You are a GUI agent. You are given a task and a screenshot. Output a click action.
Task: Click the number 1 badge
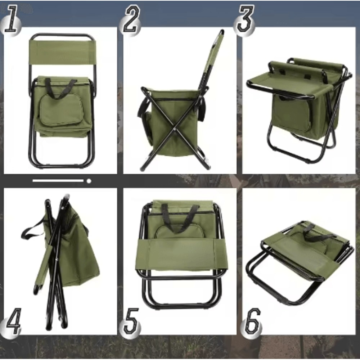coord(11,20)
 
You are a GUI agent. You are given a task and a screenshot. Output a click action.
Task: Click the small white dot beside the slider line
coord(89,181)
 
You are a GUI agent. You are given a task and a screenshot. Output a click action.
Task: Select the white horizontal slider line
coord(58,181)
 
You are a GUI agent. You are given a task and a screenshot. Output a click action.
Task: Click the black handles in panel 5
coord(180,216)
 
